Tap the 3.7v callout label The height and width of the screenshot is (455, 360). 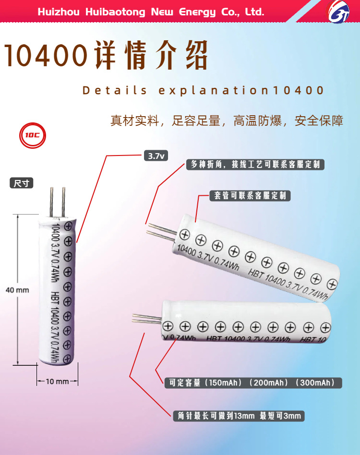(x=155, y=156)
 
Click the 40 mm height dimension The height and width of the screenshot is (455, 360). (x=17, y=290)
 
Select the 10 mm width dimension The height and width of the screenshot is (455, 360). (x=57, y=382)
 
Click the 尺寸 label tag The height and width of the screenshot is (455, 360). (x=22, y=183)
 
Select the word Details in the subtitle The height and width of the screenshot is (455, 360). (x=115, y=90)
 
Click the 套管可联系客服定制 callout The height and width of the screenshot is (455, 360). (x=250, y=196)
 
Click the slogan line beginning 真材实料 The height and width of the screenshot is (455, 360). (x=227, y=120)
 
